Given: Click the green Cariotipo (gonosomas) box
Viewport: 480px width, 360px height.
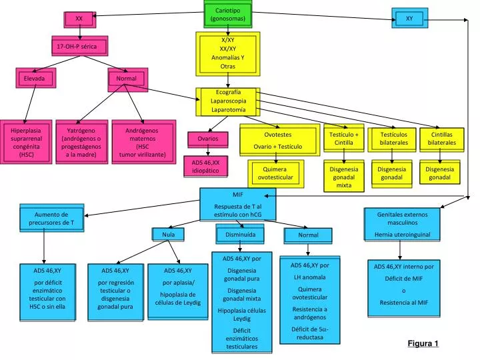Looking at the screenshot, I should tap(228, 14).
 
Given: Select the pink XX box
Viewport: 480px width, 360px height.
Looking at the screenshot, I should tap(79, 19).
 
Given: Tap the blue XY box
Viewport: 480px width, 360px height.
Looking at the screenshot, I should tap(409, 19).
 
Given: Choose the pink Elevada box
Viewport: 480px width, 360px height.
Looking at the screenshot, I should tap(35, 79).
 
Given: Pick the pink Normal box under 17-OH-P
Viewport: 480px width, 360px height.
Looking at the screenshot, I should tap(126, 79).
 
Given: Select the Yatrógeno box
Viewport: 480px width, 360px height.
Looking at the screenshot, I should tap(81, 142).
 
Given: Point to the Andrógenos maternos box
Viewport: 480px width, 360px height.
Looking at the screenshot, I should tap(142, 142).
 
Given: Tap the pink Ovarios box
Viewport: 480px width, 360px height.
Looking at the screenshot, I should tap(207, 139).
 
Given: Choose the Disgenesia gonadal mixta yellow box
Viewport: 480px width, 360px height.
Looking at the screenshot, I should tap(344, 177).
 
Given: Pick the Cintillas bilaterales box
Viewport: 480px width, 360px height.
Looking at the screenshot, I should tap(441, 139).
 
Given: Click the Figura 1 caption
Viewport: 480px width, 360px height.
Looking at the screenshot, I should tap(423, 343).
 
